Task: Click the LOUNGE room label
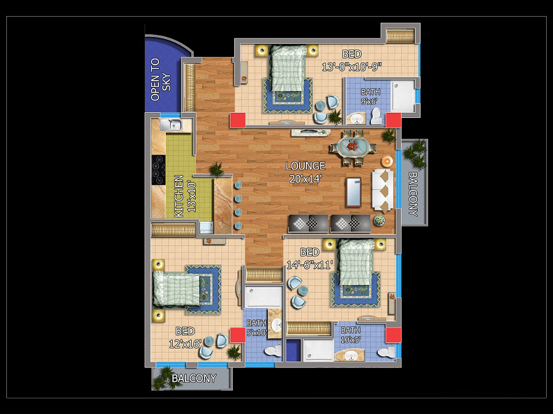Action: [305, 166]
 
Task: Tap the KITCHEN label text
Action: [179, 196]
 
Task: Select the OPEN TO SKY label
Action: [161, 79]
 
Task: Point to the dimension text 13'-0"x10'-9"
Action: [352, 67]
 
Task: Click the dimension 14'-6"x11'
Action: [310, 264]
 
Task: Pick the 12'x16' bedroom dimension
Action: [185, 344]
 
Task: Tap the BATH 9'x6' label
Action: [370, 97]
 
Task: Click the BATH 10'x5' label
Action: [351, 335]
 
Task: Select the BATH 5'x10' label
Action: [257, 328]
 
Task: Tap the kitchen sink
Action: [171, 124]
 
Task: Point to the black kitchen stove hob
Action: [158, 170]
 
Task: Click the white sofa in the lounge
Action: [382, 190]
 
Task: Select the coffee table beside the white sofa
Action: [354, 192]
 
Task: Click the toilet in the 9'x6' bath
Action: [376, 116]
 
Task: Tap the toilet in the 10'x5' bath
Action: [387, 352]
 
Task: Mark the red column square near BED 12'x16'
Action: [238, 335]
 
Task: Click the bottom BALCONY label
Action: [194, 378]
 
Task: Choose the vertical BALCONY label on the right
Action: [412, 194]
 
